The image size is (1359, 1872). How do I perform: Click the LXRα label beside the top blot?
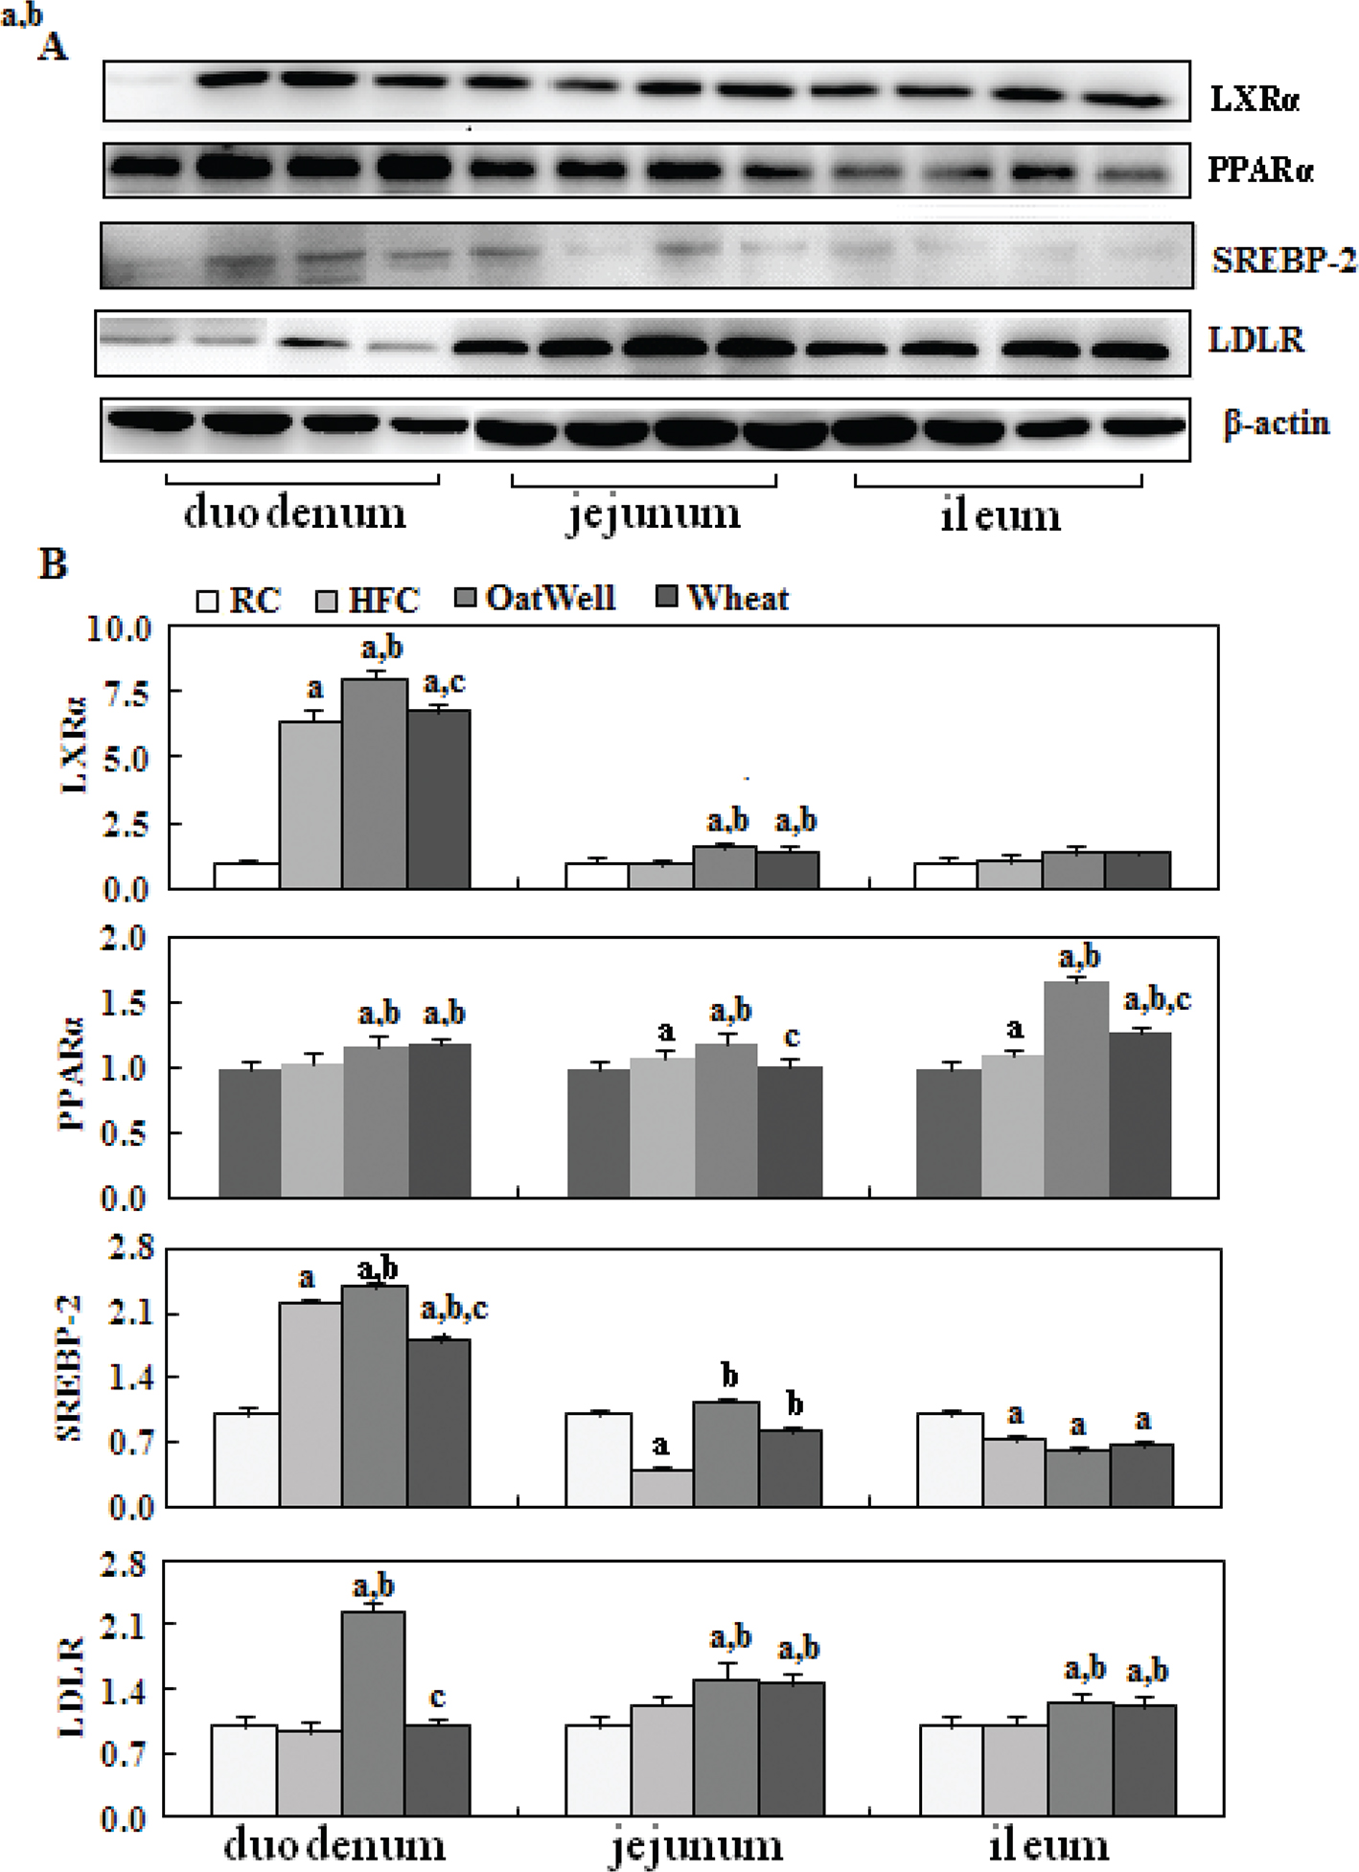pyautogui.click(x=1255, y=98)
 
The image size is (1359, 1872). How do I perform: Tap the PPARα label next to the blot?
pyautogui.click(x=1259, y=170)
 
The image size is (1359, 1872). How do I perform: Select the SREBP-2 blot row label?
pyautogui.click(x=1283, y=259)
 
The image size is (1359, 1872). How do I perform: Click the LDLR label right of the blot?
pyautogui.click(x=1255, y=339)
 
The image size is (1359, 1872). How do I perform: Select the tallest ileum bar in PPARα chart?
pyautogui.click(x=1076, y=1088)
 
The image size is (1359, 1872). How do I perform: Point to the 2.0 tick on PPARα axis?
pyautogui.click(x=125, y=938)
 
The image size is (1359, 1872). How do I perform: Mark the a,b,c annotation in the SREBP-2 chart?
pyautogui.click(x=454, y=1309)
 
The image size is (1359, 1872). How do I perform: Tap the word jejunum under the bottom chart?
pyautogui.click(x=696, y=1845)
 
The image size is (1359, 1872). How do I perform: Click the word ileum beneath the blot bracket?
pyautogui.click(x=1000, y=515)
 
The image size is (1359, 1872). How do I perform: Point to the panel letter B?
pyautogui.click(x=53, y=563)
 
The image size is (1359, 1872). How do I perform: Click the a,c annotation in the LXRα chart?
pyautogui.click(x=445, y=683)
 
